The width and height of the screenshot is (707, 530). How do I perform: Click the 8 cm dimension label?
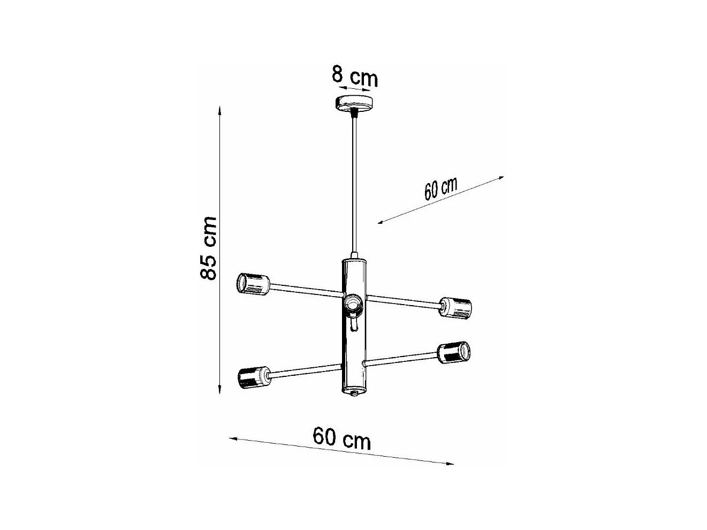click(x=354, y=76)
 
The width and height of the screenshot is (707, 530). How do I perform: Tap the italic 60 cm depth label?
click(x=440, y=188)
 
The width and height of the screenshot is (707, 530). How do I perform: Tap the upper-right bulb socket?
click(x=455, y=308)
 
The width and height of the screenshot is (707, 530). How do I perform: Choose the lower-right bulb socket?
click(x=454, y=352)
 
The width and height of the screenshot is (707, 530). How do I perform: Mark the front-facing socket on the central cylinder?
click(x=353, y=305)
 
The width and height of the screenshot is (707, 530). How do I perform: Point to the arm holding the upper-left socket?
click(x=305, y=290)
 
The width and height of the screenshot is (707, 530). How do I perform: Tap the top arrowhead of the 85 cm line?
click(x=219, y=110)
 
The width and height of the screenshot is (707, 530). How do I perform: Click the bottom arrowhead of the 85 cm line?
click(x=219, y=392)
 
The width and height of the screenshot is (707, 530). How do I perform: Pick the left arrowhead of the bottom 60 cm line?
click(x=233, y=439)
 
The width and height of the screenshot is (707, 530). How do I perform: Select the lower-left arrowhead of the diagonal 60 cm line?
click(x=381, y=221)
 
